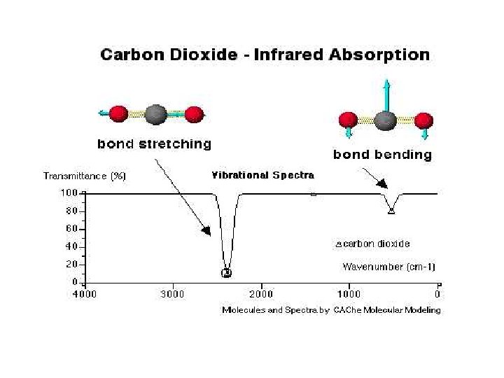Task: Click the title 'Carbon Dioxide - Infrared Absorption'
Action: tap(265, 55)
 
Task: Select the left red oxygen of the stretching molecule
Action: tap(119, 113)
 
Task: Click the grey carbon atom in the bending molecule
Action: tap(385, 120)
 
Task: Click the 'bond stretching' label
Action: tap(154, 144)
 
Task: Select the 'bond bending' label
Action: tap(382, 154)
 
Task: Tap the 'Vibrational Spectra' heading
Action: tap(263, 175)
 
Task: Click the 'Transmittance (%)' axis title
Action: tap(85, 176)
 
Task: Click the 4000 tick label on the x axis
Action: tap(85, 294)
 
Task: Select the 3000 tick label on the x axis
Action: tap(173, 294)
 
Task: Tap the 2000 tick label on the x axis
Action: tap(262, 294)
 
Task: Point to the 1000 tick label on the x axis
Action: tap(350, 294)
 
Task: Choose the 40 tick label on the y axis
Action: tap(72, 246)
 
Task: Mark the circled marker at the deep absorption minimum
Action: tap(226, 272)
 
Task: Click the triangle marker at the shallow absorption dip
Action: tap(391, 210)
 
